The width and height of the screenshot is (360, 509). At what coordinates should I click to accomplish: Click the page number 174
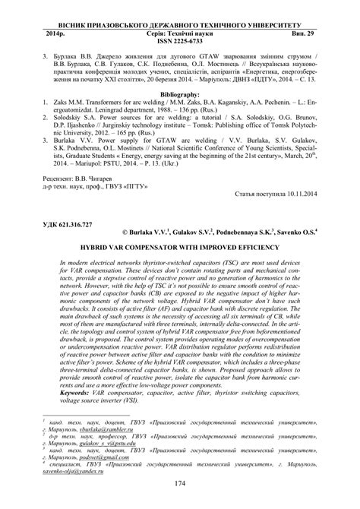180,483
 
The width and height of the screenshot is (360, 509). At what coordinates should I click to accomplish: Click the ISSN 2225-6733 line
180,43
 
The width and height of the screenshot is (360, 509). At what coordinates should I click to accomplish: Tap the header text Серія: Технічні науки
180,34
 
